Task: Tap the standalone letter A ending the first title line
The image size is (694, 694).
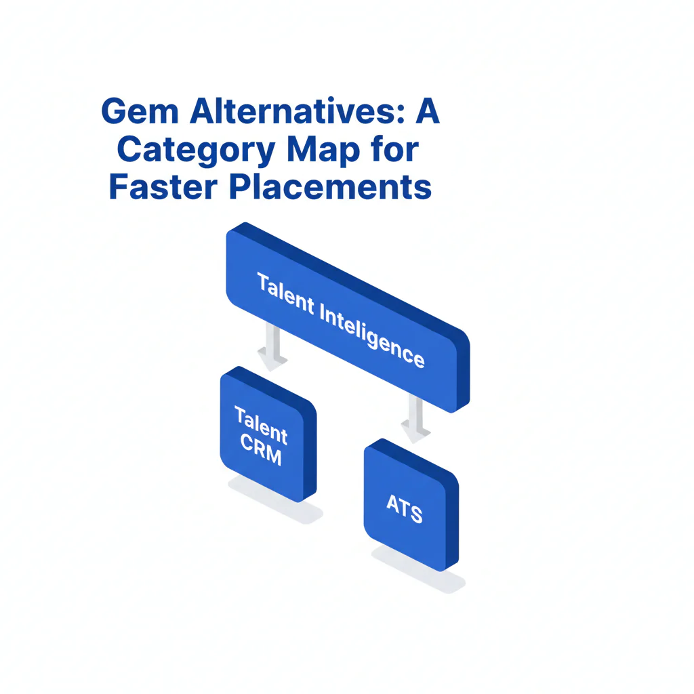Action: [428, 112]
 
